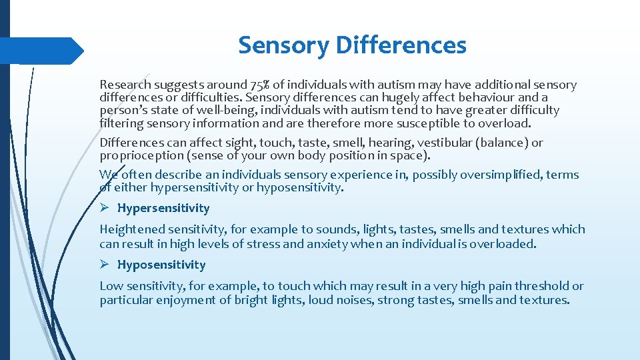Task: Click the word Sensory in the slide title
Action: pyautogui.click(x=284, y=45)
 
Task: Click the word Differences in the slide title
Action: pyautogui.click(x=401, y=45)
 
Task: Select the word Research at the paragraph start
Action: pyautogui.click(x=125, y=85)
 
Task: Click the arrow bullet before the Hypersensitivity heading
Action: pyautogui.click(x=105, y=208)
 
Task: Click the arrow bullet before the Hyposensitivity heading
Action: pyautogui.click(x=105, y=265)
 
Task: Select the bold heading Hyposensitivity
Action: pyautogui.click(x=161, y=265)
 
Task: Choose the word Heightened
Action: pyautogui.click(x=131, y=229)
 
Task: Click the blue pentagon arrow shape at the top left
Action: pyautogui.click(x=40, y=51)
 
